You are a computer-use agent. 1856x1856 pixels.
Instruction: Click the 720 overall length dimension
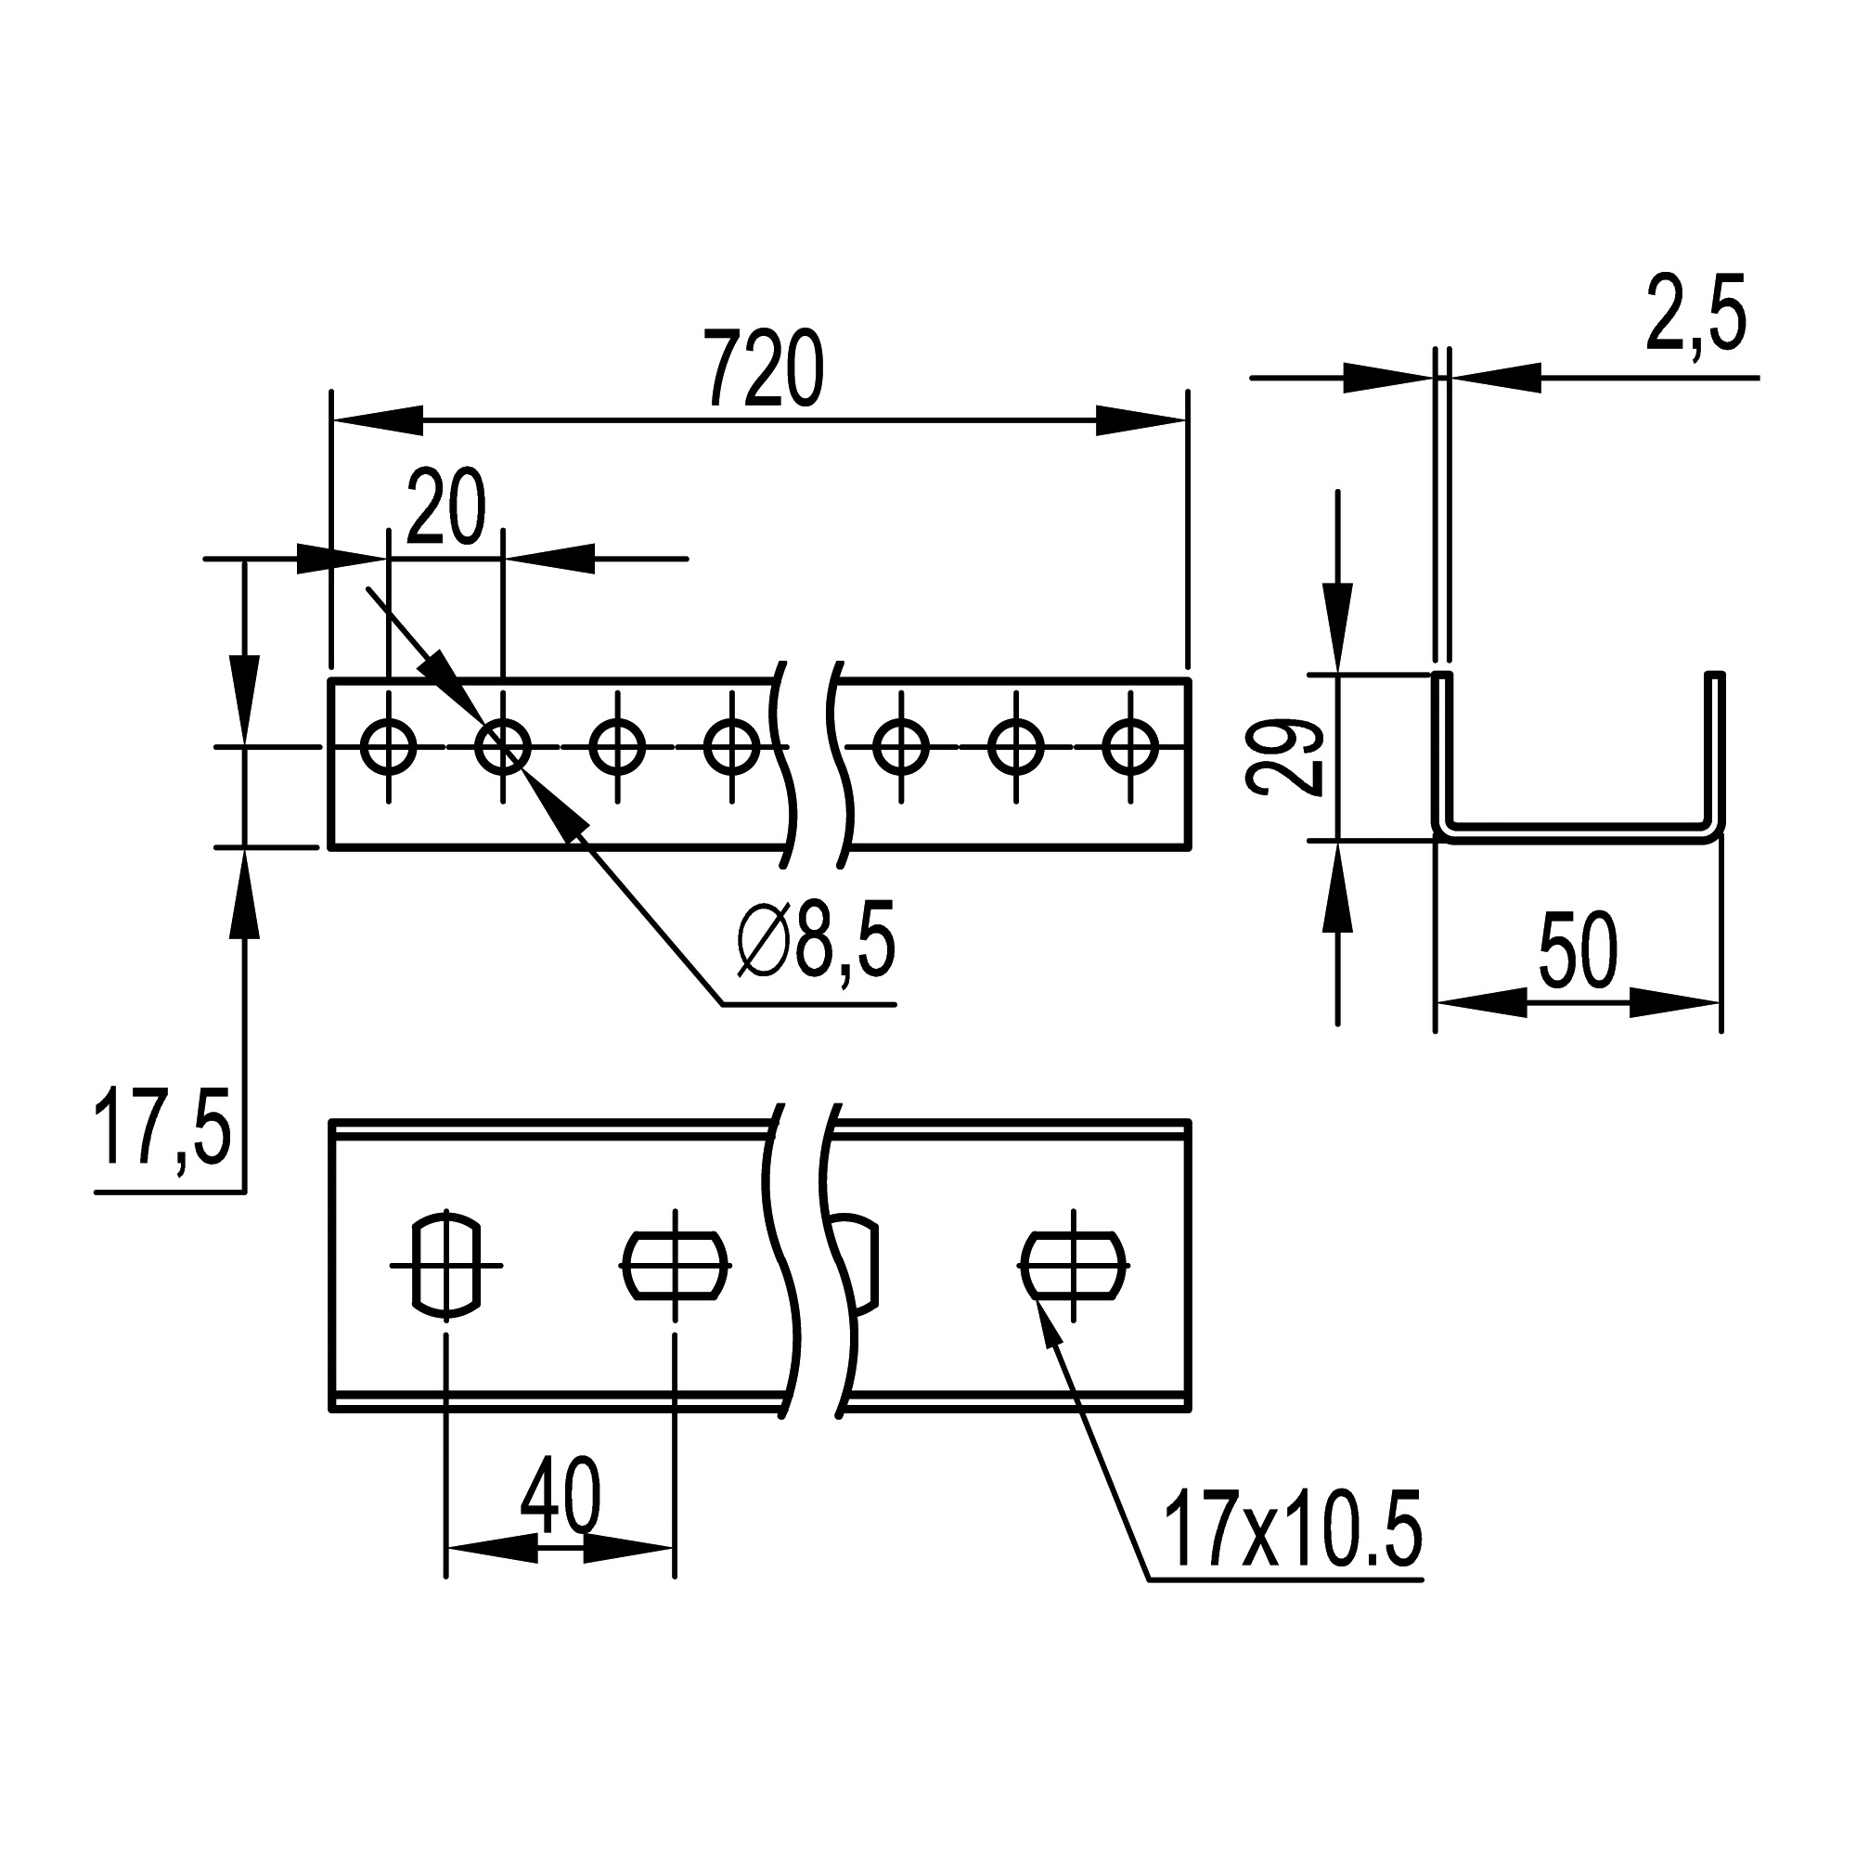764,369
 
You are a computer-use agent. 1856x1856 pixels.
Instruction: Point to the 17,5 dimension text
162,1128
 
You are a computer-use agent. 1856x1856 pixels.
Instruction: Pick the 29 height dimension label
1285,758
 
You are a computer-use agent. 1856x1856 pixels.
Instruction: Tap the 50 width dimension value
1579,952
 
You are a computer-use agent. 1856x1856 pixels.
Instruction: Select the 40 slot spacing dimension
561,1496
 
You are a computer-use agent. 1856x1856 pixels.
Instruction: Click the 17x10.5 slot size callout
1292,1531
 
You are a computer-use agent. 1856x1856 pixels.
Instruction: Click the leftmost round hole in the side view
388,746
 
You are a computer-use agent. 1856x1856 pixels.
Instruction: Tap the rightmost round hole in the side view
1129,746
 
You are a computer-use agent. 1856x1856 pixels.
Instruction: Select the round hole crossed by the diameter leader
502,746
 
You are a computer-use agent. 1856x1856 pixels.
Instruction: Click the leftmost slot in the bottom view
445,1265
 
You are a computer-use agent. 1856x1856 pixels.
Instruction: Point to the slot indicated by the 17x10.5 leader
1073,1265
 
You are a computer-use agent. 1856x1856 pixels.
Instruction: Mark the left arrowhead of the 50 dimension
1479,1004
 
